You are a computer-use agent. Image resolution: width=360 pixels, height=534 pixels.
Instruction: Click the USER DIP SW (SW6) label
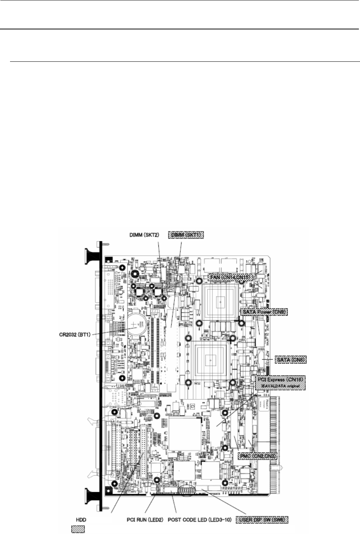[x=263, y=519]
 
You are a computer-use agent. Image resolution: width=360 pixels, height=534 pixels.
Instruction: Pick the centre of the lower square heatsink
[x=211, y=361]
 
